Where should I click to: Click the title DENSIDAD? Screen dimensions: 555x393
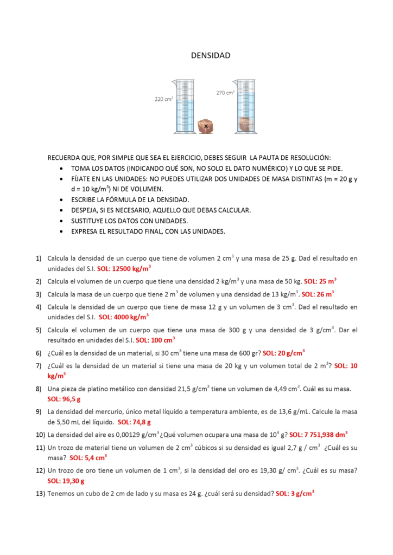(211, 55)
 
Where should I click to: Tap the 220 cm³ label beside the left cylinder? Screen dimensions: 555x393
(163, 99)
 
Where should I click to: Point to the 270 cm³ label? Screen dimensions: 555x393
(225, 93)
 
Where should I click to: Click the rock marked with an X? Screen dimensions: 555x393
(206, 126)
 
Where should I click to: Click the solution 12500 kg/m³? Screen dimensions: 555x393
(124, 268)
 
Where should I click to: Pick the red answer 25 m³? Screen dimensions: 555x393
(320, 281)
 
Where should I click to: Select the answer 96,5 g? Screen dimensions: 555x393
(64, 399)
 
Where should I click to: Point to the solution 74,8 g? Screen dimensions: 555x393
(134, 422)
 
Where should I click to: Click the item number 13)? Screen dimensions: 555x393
(40, 494)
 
